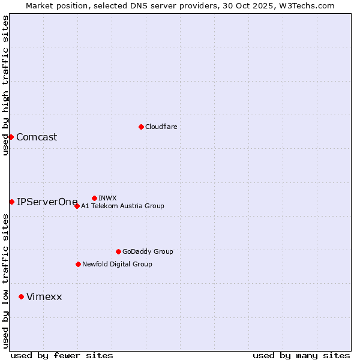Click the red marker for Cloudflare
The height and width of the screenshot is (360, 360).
(x=141, y=127)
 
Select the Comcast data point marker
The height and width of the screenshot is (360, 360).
(x=11, y=137)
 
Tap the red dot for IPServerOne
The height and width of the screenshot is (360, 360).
(x=11, y=202)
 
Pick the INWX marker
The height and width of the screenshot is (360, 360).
(x=94, y=198)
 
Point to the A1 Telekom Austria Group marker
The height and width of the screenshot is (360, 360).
(x=77, y=206)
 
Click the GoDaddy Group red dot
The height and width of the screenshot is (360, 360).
(x=118, y=251)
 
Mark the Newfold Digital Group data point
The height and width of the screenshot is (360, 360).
(x=78, y=264)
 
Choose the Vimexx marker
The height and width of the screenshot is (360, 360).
(x=21, y=296)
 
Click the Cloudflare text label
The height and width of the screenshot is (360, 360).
(x=161, y=127)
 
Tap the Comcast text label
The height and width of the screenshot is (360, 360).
(x=37, y=137)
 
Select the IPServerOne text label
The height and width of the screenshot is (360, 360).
(x=47, y=202)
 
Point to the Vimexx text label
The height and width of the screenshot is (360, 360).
(x=44, y=296)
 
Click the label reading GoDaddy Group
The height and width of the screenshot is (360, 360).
(x=148, y=251)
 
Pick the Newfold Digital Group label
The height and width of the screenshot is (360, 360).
(x=117, y=264)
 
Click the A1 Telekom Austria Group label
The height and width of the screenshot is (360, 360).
(x=122, y=206)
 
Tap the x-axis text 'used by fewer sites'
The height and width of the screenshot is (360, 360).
(x=62, y=355)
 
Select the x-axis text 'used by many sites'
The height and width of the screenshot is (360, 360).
(x=301, y=355)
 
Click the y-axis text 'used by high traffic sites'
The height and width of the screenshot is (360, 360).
(x=5, y=85)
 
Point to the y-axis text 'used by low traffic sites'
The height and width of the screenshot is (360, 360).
(x=5, y=280)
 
